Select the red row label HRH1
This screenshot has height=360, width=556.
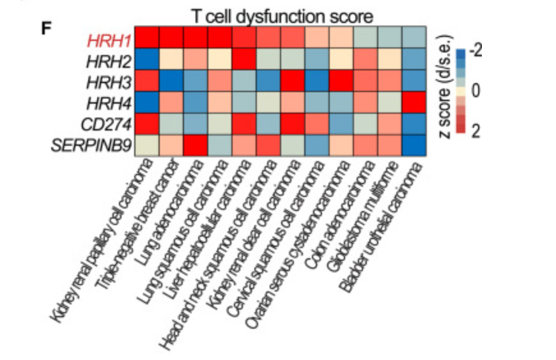[110, 40]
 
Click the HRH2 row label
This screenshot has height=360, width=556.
[110, 61]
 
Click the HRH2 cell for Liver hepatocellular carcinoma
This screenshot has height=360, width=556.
[245, 61]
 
